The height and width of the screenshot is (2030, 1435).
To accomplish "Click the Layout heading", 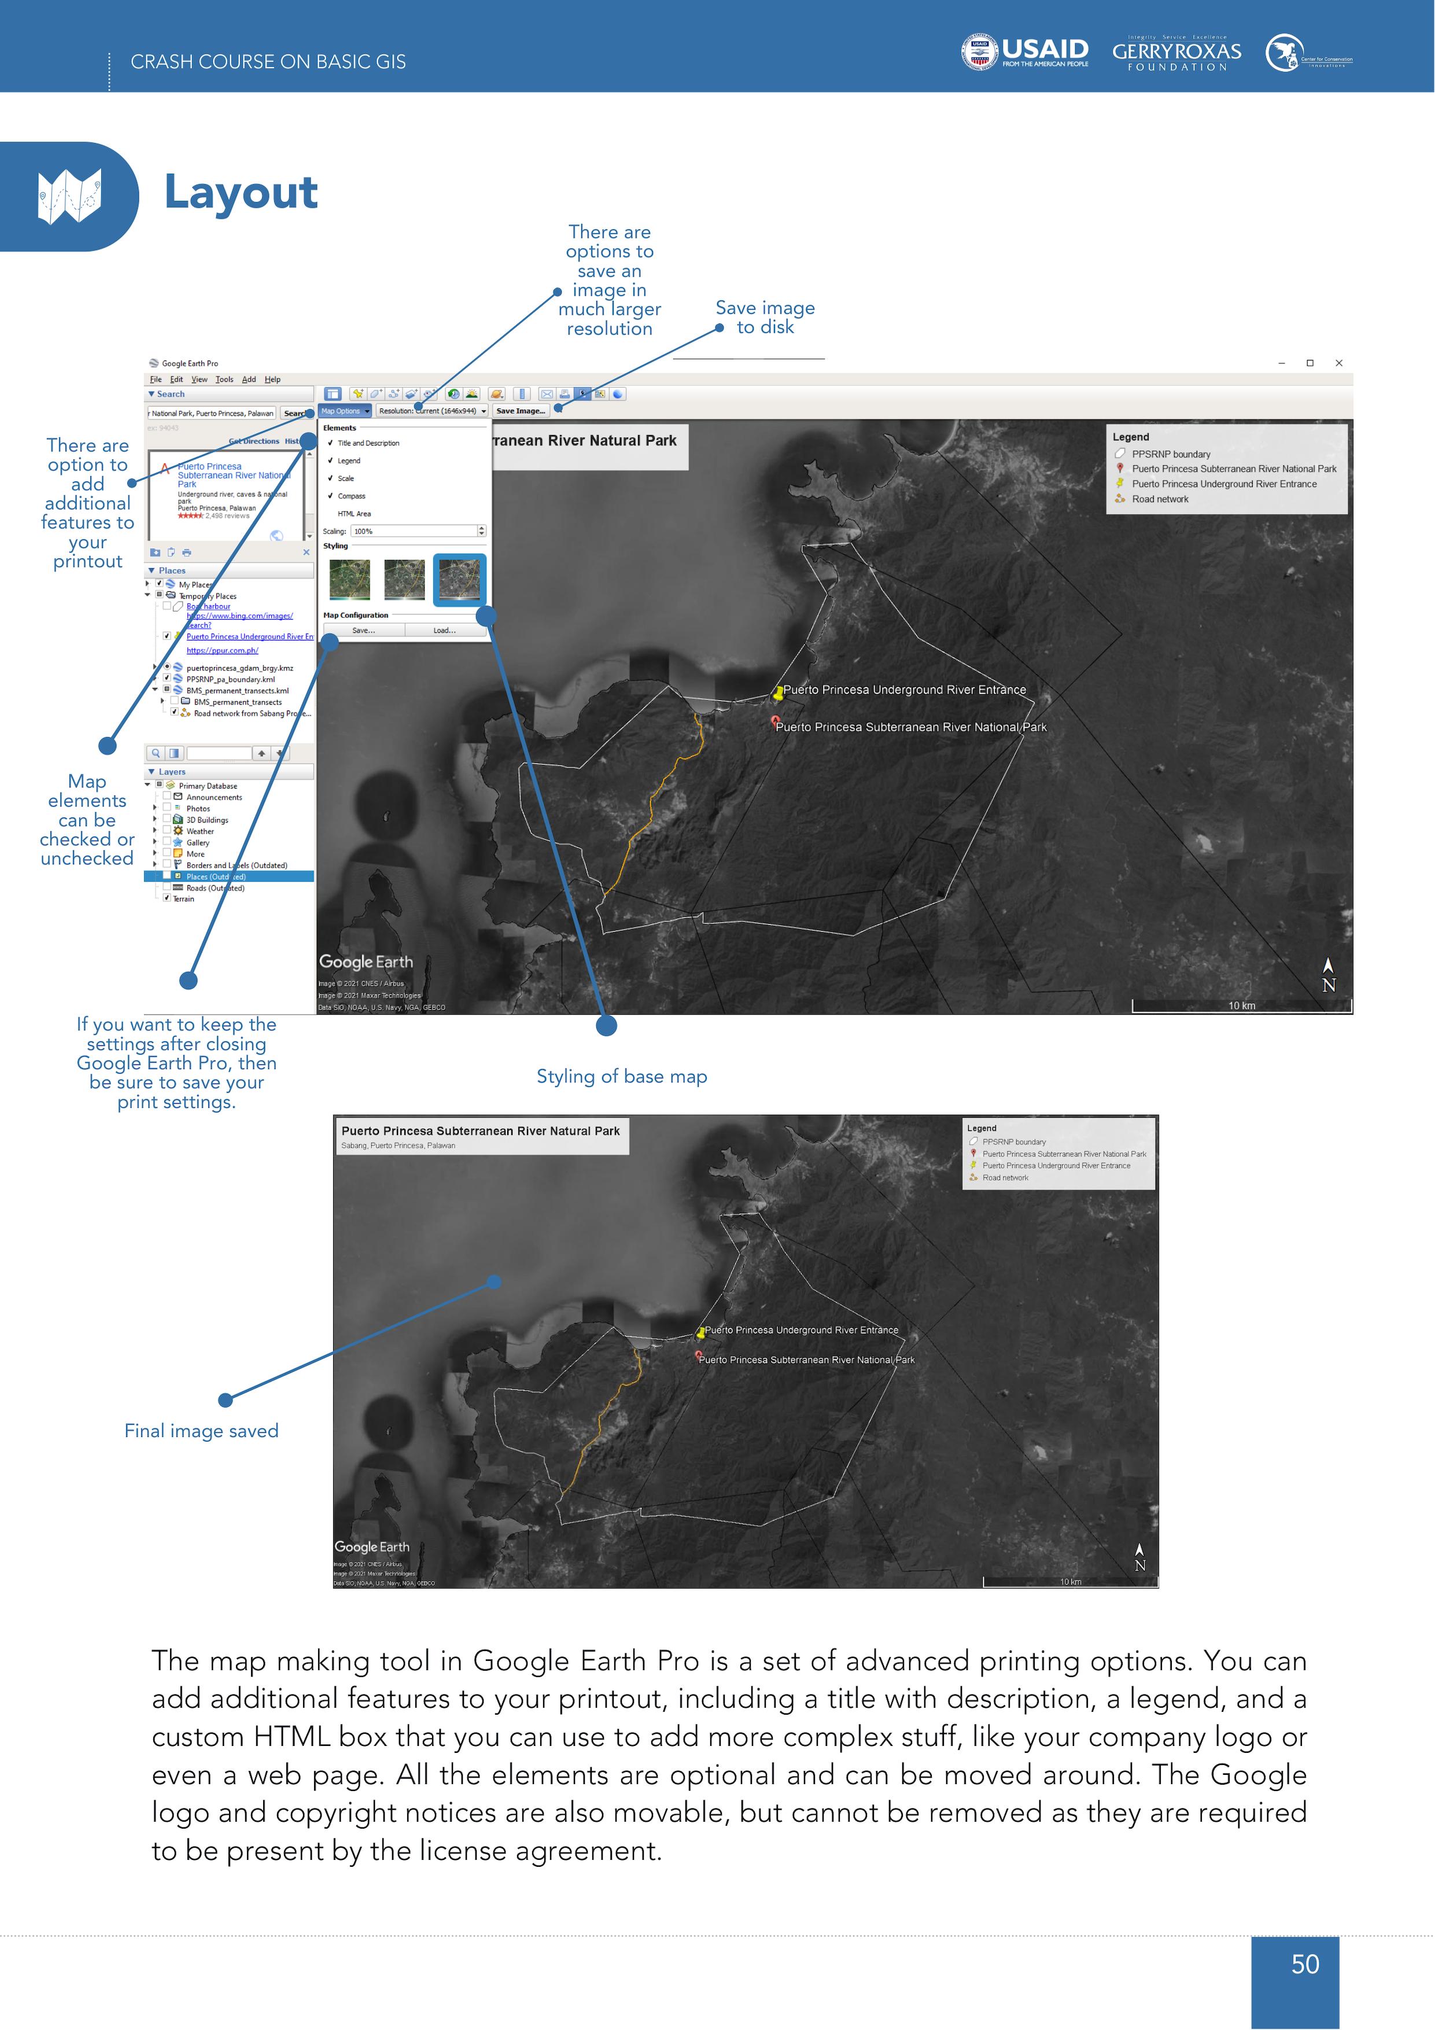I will coord(241,192).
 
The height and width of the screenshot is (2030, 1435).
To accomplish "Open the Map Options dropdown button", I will coord(345,411).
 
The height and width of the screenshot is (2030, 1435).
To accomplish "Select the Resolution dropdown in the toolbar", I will coord(433,411).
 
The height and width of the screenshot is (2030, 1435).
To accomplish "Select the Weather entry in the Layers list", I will coord(200,831).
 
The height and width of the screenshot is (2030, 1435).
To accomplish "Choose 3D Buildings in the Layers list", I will coord(207,820).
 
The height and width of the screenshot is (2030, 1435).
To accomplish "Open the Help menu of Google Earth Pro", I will coord(272,380).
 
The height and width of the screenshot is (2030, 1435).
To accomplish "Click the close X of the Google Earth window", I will coord(1338,363).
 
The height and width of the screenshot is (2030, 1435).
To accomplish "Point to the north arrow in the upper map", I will coord(1328,974).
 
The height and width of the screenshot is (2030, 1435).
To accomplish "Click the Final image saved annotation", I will coord(202,1431).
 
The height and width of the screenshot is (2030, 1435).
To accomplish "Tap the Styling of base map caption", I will coord(622,1076).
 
